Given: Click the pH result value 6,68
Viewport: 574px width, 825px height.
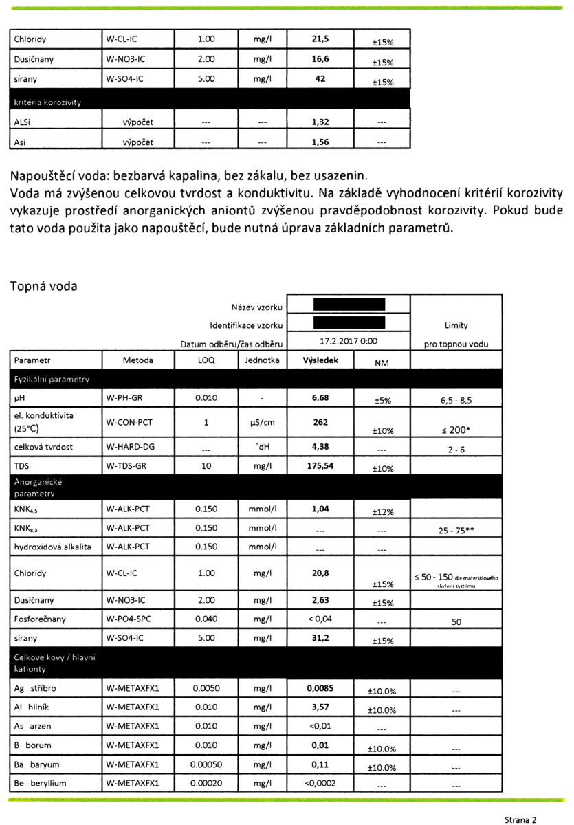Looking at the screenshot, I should coord(320,398).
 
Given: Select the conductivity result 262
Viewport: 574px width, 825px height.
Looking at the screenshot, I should coord(320,422).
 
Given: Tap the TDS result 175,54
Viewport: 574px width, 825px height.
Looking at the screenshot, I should coord(320,466).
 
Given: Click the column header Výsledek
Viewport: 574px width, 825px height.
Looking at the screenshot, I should coord(319,360).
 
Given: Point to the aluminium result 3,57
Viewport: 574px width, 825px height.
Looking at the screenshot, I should coord(320,706).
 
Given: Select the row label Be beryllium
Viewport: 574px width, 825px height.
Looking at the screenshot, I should coord(41,783).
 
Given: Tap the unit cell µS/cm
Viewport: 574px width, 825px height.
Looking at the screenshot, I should coord(261,422).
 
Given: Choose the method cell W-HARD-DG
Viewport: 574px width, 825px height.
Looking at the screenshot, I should coord(131,447).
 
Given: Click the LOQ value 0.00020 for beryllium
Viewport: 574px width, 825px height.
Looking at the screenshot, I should coord(206,783).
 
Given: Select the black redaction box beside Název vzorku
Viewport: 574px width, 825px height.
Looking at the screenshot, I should coord(348,304).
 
